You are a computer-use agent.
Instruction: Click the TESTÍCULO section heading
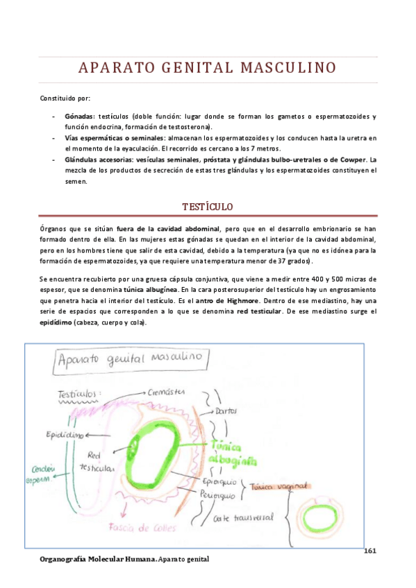point(207,207)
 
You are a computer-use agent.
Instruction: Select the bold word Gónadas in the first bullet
point(79,116)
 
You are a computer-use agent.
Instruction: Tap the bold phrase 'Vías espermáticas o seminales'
point(114,138)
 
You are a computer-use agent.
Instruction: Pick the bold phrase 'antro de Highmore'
point(232,300)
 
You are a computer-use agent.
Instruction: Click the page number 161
point(369,551)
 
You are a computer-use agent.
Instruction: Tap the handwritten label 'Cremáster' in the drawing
point(166,392)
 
